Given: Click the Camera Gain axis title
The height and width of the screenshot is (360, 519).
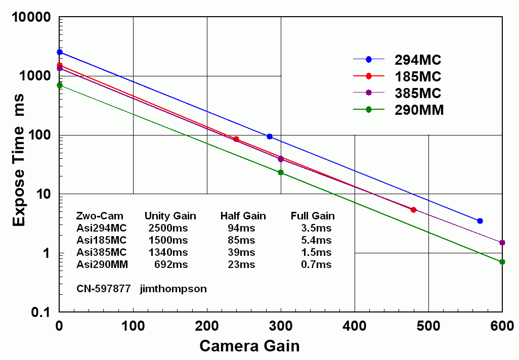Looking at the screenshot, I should click(249, 346).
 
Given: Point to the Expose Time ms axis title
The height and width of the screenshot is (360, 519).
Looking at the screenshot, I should click(19, 163).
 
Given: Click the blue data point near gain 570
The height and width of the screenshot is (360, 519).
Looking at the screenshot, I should click(480, 221).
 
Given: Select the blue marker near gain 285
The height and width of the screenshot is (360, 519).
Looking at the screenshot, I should click(270, 137).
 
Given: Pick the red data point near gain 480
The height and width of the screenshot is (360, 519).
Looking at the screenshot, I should click(414, 210).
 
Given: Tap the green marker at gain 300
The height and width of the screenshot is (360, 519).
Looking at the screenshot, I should click(281, 172).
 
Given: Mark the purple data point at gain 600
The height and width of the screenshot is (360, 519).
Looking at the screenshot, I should click(502, 243).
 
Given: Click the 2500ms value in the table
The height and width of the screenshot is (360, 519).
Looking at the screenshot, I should click(168, 228).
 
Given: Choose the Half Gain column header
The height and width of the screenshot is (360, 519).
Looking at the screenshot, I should click(243, 216).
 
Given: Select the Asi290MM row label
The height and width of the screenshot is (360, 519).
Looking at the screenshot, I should click(102, 264).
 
